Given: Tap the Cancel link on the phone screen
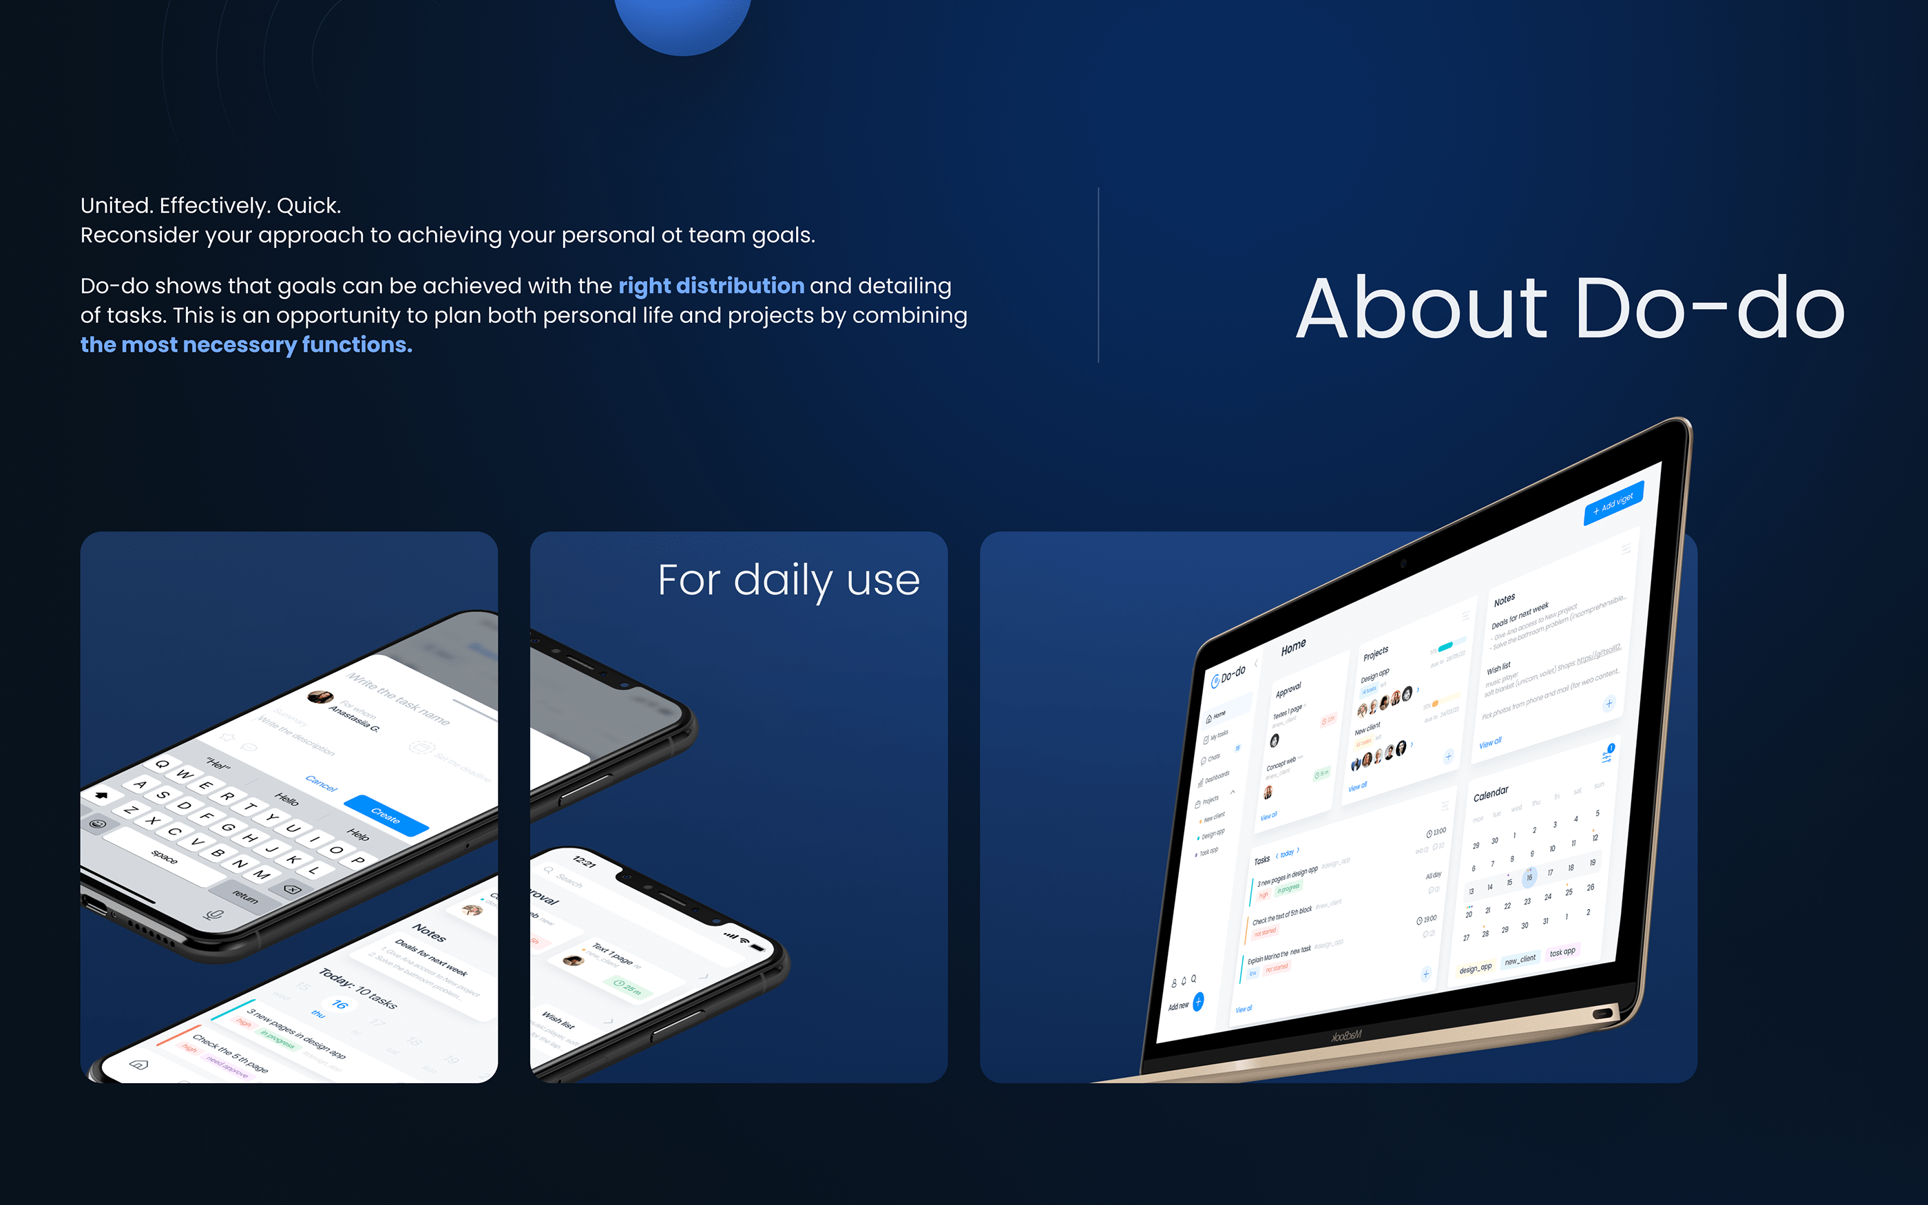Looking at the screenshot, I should point(321,784).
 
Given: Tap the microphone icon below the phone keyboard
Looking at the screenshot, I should point(213,914).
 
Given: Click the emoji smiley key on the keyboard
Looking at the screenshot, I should point(98,824).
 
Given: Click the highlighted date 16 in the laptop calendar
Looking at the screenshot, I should point(1529,877).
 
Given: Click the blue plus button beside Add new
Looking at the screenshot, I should point(1198,1001).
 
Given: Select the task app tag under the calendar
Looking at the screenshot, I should point(1562,952).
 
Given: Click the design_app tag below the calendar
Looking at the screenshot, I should point(1476,967).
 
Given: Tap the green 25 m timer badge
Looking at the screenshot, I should point(628,988).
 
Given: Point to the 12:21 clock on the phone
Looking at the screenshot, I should point(584,861).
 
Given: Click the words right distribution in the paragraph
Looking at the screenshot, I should point(711,285).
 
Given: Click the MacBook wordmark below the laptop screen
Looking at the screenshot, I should point(1346,1036).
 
